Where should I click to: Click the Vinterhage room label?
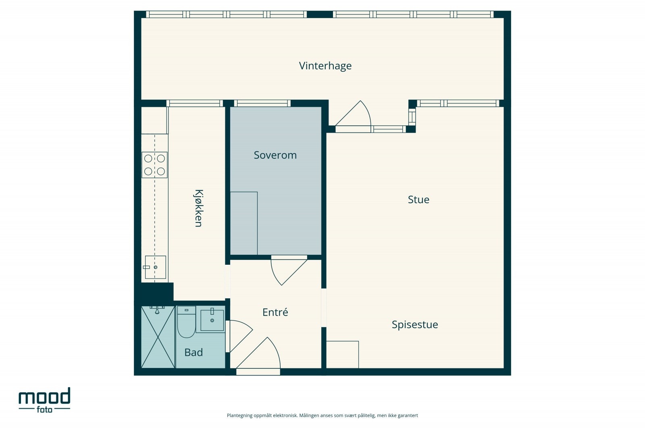click(x=325, y=66)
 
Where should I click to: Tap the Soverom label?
click(x=275, y=155)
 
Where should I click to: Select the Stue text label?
click(x=418, y=199)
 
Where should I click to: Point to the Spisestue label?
click(x=415, y=325)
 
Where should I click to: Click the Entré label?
click(x=275, y=312)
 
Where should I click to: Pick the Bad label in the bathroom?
click(x=193, y=352)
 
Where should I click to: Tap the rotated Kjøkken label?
click(x=198, y=208)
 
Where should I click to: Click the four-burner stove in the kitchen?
click(x=155, y=165)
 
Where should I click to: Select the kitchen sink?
click(x=155, y=267)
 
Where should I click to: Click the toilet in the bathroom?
click(x=186, y=322)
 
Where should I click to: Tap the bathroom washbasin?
click(x=212, y=320)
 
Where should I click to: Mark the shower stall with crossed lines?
click(x=158, y=337)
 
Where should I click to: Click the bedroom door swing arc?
click(x=289, y=270)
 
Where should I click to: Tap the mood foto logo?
click(x=44, y=400)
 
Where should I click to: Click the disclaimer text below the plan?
click(x=322, y=415)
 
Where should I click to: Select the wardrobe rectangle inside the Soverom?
click(x=243, y=223)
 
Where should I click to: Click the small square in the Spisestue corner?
click(x=342, y=355)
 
